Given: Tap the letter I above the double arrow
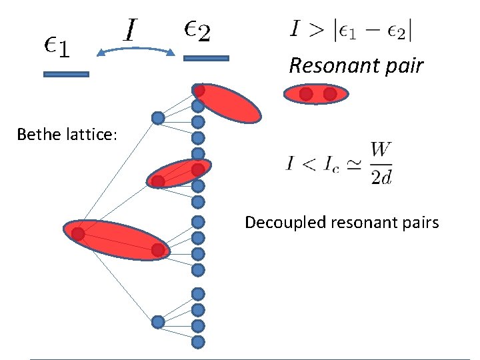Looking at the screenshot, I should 131,29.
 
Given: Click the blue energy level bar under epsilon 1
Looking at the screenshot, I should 66,74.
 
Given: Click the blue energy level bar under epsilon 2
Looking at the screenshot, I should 206,59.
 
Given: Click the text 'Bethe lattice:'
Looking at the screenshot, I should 67,135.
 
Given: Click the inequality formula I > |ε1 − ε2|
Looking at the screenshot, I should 355,30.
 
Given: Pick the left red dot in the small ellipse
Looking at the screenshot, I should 306,95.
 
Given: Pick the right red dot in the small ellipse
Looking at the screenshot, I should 329,95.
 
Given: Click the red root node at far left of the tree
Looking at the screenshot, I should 78,234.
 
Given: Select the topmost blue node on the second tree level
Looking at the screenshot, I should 157,118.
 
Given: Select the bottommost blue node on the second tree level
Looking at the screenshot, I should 157,322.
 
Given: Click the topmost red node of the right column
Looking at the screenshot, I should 198,89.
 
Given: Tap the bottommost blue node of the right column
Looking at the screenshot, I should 198,341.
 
